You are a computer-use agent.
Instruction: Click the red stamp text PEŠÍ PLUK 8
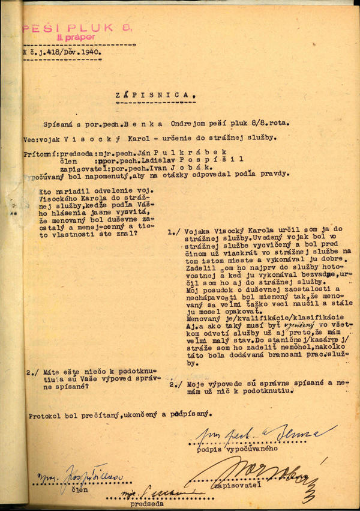click(77, 28)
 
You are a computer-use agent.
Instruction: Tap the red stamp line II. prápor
click(76, 37)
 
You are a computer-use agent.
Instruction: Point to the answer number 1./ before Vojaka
click(173, 231)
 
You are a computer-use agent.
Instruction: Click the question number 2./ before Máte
click(34, 373)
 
